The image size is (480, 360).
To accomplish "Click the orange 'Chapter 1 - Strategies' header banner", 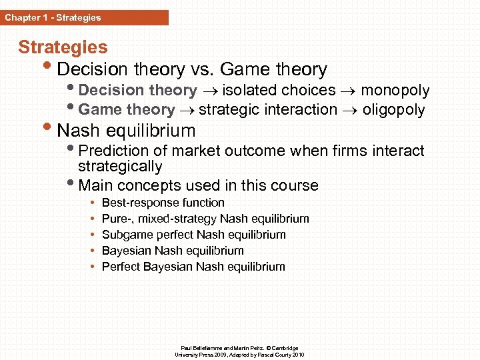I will point(84,18).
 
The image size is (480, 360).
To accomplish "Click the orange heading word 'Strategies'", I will point(63,47).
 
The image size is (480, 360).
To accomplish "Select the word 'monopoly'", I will point(395,91).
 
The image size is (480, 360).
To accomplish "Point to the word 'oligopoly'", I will point(393,109).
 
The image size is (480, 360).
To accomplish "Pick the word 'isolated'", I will point(249,91).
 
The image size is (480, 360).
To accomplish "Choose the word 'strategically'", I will point(120,167).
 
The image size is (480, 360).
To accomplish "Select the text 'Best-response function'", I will point(163,203).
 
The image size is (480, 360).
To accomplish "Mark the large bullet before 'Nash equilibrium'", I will point(51,130).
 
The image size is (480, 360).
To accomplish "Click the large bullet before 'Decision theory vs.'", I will point(51,69).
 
